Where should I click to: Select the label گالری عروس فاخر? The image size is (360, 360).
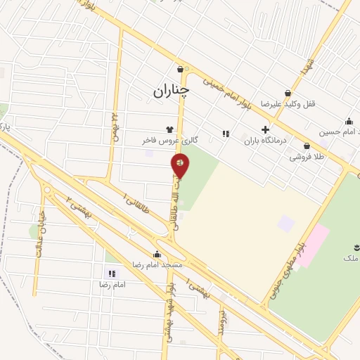(x=170, y=141)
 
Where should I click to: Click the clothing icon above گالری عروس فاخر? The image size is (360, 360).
(x=169, y=129)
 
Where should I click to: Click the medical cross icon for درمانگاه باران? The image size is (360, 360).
(x=265, y=129)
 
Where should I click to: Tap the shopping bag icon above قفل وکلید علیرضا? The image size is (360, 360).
(x=288, y=93)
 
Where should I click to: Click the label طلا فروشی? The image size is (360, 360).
(x=307, y=157)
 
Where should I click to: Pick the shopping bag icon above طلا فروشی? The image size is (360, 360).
(x=307, y=146)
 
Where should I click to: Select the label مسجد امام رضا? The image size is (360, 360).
(x=157, y=265)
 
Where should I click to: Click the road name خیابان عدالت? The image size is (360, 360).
(x=39, y=233)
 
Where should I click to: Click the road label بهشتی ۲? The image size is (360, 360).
(x=79, y=206)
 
